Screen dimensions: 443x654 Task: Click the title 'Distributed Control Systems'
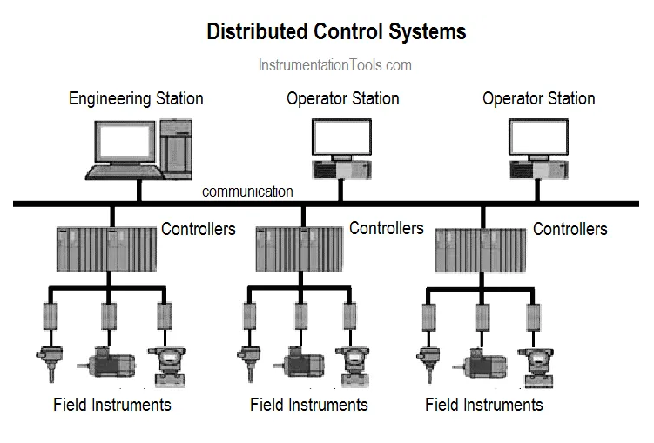tap(336, 32)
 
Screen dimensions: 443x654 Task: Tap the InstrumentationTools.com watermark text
tap(335, 65)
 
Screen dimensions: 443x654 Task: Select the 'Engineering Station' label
tap(136, 98)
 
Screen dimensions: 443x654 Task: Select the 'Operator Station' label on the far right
tap(538, 98)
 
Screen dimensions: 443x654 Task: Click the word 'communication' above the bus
tap(247, 191)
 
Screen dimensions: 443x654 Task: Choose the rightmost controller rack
tap(481, 250)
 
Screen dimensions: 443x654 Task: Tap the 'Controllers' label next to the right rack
tap(570, 229)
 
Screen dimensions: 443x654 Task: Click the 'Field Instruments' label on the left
tap(112, 405)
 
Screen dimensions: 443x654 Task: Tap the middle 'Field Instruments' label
tap(309, 405)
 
